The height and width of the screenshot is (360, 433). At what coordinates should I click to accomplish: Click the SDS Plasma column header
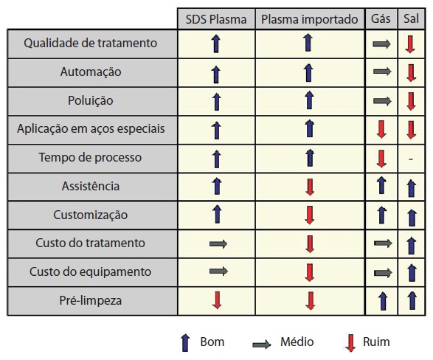pyautogui.click(x=216, y=19)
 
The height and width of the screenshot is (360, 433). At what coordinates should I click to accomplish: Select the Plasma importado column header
pyautogui.click(x=310, y=19)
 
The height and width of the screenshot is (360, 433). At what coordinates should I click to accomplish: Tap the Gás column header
pyautogui.click(x=381, y=18)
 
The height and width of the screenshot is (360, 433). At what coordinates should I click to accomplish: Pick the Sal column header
pyautogui.click(x=411, y=18)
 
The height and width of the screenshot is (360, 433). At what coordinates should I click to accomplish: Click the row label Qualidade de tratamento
pyautogui.click(x=90, y=43)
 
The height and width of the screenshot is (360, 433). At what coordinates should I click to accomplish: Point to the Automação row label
pyautogui.click(x=91, y=72)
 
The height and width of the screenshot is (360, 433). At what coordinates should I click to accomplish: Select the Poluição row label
pyautogui.click(x=91, y=101)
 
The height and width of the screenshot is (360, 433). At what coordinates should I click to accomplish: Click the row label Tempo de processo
pyautogui.click(x=90, y=158)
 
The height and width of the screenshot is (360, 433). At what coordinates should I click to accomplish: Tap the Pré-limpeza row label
pyautogui.click(x=91, y=300)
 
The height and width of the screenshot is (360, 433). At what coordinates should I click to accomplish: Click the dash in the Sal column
pyautogui.click(x=411, y=159)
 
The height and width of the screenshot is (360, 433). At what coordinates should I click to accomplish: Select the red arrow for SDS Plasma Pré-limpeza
pyautogui.click(x=217, y=300)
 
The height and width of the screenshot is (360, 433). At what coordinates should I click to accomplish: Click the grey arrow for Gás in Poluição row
pyautogui.click(x=382, y=101)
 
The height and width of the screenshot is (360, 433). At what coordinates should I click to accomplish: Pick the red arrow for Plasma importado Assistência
pyautogui.click(x=310, y=187)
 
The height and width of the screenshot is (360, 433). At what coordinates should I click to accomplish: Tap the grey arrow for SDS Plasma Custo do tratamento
pyautogui.click(x=218, y=243)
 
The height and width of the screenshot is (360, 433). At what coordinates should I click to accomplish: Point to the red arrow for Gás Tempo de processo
pyautogui.click(x=381, y=159)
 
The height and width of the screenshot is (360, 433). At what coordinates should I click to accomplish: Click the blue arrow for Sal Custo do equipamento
pyautogui.click(x=412, y=272)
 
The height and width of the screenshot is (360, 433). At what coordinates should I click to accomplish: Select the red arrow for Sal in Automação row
pyautogui.click(x=411, y=73)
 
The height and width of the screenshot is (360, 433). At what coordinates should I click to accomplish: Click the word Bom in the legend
pyautogui.click(x=212, y=342)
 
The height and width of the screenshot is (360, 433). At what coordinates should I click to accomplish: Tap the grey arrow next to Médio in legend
pyautogui.click(x=262, y=344)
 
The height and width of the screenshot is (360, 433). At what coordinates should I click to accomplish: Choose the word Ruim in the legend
pyautogui.click(x=376, y=342)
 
